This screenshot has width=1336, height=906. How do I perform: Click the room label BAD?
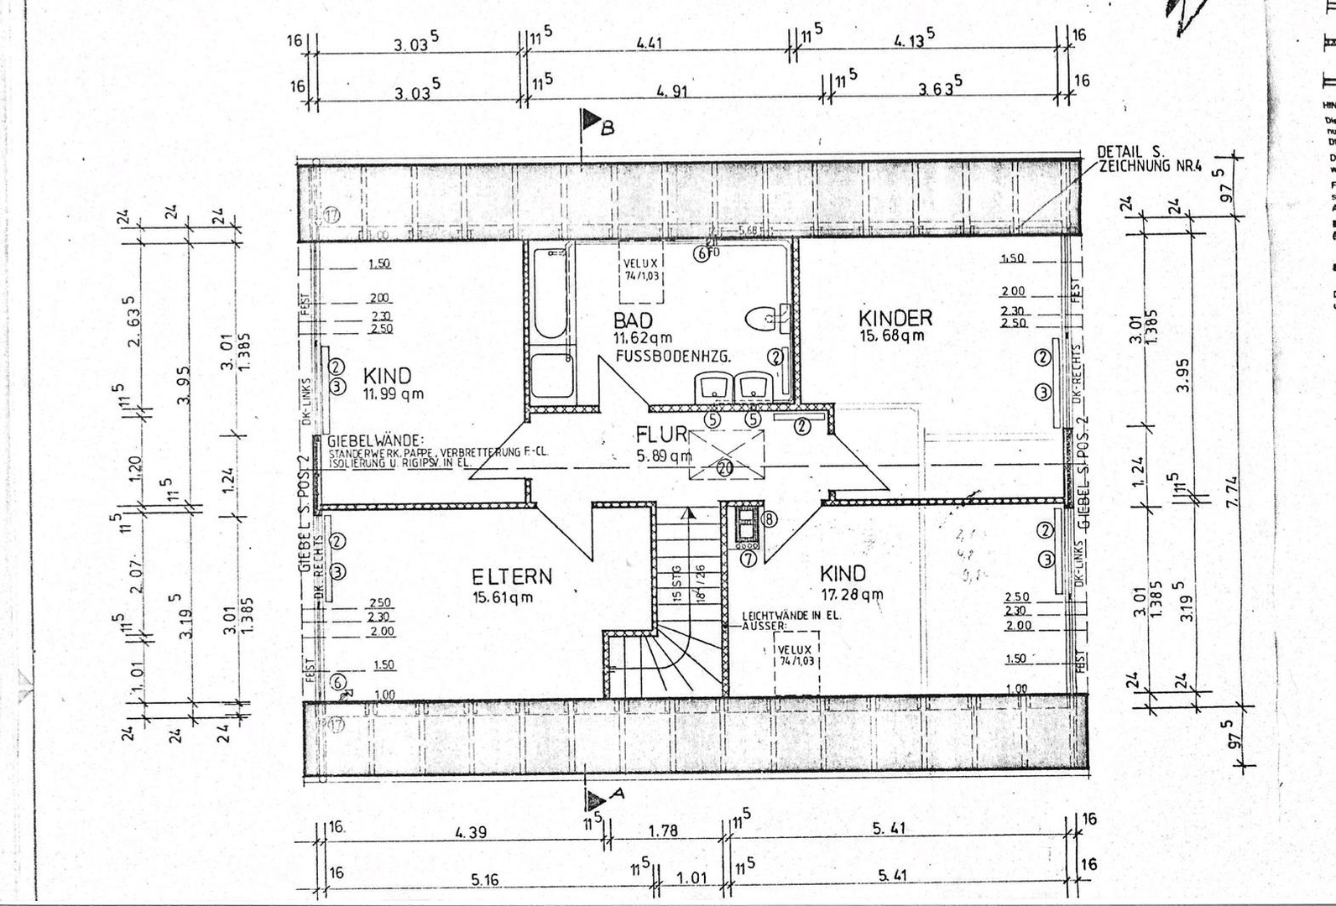pyautogui.click(x=633, y=320)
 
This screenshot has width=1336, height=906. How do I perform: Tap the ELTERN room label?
pyautogui.click(x=512, y=576)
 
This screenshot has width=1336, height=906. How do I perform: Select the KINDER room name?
pyautogui.click(x=895, y=318)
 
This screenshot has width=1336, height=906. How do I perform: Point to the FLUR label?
pyautogui.click(x=661, y=435)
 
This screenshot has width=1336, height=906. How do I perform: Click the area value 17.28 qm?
pyautogui.click(x=851, y=595)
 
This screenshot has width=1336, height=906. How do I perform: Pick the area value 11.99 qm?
pyautogui.click(x=393, y=393)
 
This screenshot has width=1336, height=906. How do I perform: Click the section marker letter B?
pyautogui.click(x=608, y=128)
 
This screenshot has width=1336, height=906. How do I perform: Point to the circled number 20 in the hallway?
pyautogui.click(x=725, y=468)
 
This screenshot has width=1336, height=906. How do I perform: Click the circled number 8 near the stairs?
pyautogui.click(x=769, y=519)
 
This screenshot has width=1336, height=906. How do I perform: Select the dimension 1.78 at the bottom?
pyautogui.click(x=663, y=831)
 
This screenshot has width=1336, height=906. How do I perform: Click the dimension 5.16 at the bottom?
pyautogui.click(x=484, y=879)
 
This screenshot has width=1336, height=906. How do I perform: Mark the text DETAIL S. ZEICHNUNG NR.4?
pyautogui.click(x=1149, y=159)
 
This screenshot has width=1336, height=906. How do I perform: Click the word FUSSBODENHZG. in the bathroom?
pyautogui.click(x=673, y=357)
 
